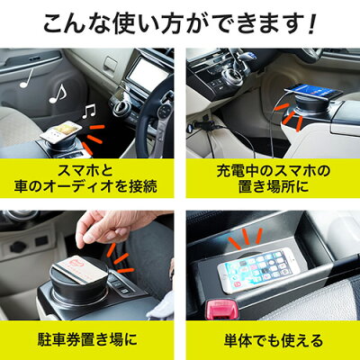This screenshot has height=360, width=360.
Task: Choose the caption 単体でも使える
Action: [270, 340]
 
